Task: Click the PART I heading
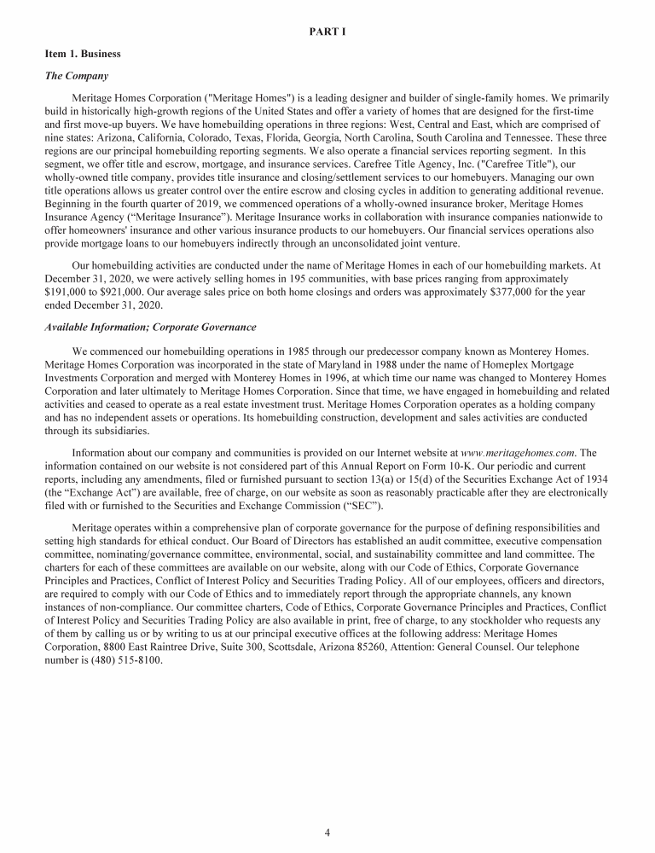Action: pyautogui.click(x=327, y=32)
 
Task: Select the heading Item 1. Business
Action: pyautogui.click(x=83, y=54)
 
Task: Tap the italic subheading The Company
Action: pyautogui.click(x=76, y=76)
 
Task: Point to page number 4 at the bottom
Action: pyautogui.click(x=327, y=833)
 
